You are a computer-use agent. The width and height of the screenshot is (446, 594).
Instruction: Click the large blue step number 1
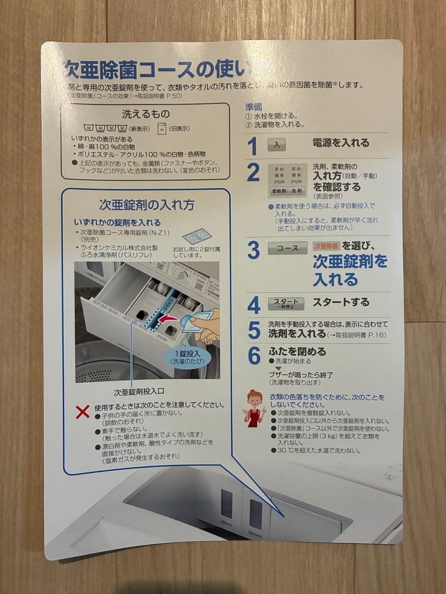coord(252,146)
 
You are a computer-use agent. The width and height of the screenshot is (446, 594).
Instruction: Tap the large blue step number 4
coord(253,305)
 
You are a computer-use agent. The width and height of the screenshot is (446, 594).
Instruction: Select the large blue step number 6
coord(253,356)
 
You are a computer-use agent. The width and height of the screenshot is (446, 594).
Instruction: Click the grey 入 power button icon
coord(276,145)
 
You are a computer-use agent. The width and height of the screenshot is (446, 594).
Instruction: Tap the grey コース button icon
coord(287,248)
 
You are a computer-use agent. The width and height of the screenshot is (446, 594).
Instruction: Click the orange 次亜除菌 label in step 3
coord(326,246)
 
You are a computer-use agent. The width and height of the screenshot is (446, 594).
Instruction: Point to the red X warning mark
coord(83,411)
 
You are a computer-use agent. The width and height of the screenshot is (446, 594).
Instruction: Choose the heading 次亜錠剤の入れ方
coord(146,205)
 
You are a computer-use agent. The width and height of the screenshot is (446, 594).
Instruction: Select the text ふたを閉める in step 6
coord(297,351)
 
